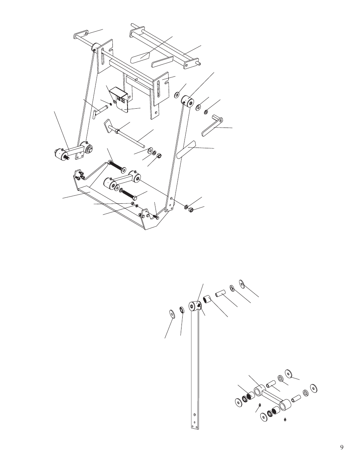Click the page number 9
pos(342,447)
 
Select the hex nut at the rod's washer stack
pos(159,155)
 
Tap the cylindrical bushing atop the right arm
pos(187,102)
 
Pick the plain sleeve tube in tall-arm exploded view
pos(220,293)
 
